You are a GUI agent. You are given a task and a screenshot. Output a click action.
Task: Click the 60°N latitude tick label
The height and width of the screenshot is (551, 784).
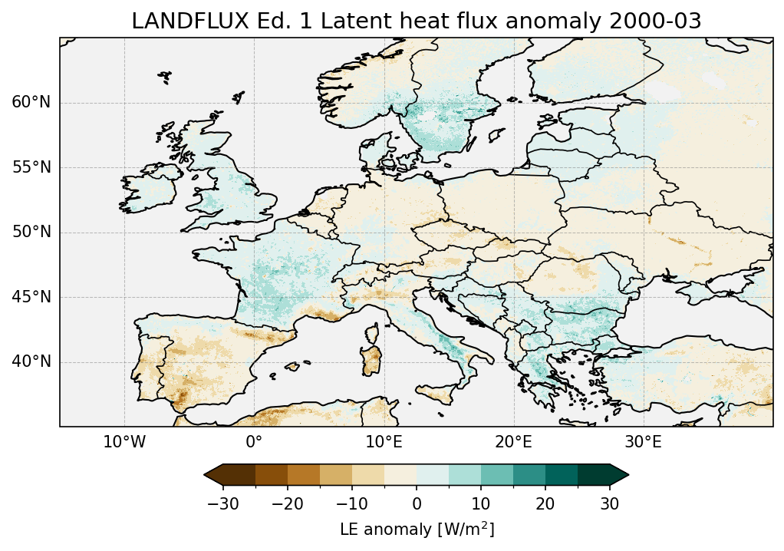tap(31, 103)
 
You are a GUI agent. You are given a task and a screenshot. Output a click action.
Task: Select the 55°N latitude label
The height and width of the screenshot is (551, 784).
tap(31, 167)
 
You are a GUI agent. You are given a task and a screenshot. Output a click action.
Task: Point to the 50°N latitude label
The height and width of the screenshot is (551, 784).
tap(31, 232)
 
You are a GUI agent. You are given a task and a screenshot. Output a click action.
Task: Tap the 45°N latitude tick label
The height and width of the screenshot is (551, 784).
tap(31, 297)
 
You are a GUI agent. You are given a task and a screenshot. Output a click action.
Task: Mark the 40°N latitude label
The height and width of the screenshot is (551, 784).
tap(31, 361)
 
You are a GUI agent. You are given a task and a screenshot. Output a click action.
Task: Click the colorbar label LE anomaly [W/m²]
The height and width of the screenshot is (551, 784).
tap(417, 530)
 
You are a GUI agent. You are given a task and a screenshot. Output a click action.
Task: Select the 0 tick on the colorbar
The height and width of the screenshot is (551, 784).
tap(417, 503)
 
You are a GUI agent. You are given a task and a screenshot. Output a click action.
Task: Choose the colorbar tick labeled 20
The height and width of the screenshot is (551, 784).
tap(545, 503)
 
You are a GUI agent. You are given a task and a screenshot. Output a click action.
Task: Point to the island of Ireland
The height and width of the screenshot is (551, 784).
tap(148, 192)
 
